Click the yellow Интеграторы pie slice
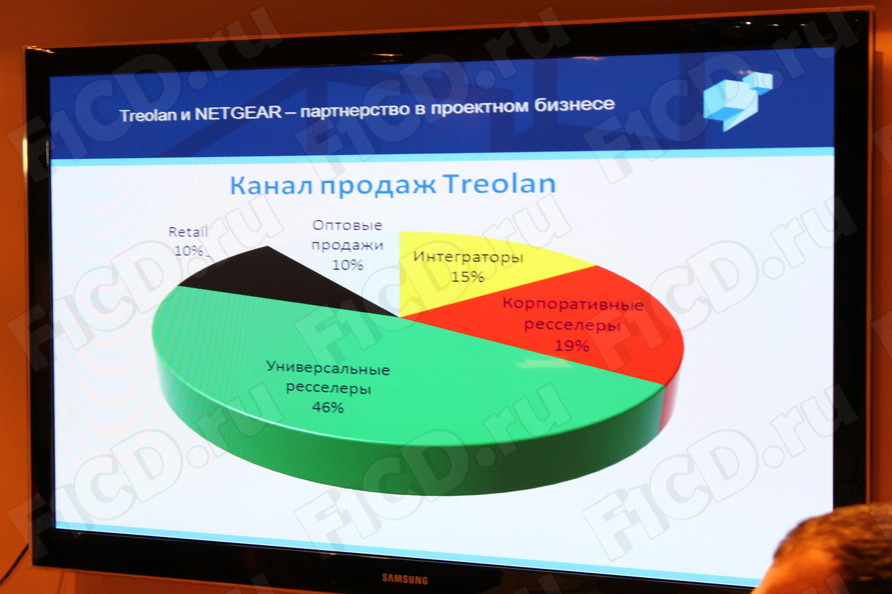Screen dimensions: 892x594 [x=470, y=271]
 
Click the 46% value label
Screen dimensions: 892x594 [x=328, y=407]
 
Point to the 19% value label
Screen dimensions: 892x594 [x=572, y=345]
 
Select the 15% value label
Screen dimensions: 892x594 [x=468, y=276]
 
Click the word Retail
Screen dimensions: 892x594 [x=188, y=232]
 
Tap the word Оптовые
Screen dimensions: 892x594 [x=347, y=226]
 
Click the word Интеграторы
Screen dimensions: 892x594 [x=468, y=258]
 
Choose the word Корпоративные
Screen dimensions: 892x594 [x=573, y=304]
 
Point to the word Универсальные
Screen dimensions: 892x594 [x=328, y=368]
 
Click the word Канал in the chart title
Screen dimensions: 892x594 [x=272, y=185]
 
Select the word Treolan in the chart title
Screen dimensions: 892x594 [x=500, y=183]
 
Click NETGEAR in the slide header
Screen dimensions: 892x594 [x=238, y=114]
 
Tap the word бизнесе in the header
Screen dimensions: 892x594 [x=575, y=104]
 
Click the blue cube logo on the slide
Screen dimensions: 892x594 [x=737, y=101]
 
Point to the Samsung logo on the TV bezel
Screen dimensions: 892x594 [x=405, y=579]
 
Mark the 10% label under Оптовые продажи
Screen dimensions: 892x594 [x=348, y=265]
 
